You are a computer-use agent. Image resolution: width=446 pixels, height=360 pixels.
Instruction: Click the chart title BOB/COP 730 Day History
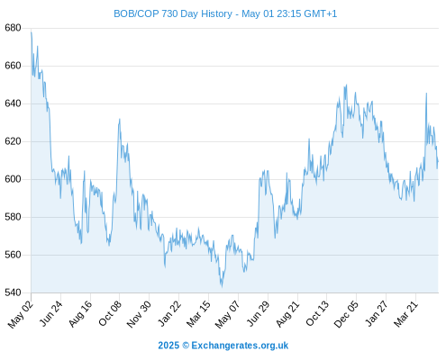(x=173, y=13)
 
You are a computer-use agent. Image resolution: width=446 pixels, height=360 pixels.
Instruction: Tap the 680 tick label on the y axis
(x=13, y=28)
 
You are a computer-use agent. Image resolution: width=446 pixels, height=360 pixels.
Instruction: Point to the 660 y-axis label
(x=13, y=66)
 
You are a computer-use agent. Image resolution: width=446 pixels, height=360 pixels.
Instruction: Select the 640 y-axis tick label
(x=13, y=103)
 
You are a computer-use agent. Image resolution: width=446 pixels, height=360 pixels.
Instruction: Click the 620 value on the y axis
(x=13, y=141)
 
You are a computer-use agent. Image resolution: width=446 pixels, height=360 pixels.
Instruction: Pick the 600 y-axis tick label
(x=13, y=179)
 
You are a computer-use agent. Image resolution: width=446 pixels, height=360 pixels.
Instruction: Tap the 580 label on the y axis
(x=13, y=217)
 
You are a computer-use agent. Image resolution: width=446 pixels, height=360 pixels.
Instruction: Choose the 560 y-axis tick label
(x=13, y=255)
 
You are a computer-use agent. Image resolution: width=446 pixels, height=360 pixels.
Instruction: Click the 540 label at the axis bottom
(x=13, y=292)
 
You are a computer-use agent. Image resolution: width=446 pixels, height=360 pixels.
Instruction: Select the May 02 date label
(x=21, y=314)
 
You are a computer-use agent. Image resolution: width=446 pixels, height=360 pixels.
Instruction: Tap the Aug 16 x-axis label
(x=80, y=314)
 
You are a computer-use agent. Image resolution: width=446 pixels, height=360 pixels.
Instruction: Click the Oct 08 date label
(x=110, y=313)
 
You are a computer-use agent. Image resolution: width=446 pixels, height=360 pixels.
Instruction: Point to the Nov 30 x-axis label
(x=139, y=314)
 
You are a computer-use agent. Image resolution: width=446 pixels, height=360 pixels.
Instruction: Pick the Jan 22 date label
(x=169, y=313)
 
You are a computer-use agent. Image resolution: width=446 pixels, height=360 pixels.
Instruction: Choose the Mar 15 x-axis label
(x=198, y=314)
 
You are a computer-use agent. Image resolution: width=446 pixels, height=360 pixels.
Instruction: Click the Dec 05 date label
(x=346, y=314)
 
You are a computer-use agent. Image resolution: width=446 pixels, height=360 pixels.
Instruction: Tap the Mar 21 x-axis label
(x=405, y=314)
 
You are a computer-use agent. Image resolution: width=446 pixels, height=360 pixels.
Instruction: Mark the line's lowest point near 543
(x=222, y=287)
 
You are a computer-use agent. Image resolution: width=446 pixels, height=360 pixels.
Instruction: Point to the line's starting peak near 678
(x=32, y=32)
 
